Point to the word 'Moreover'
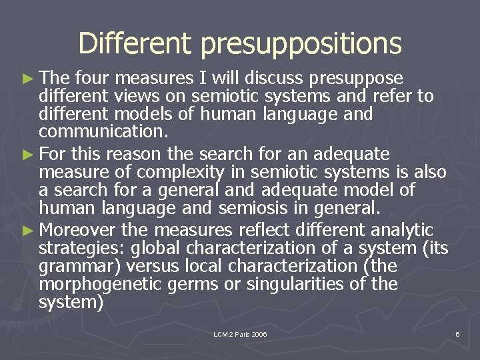point(78,231)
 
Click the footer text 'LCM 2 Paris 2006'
point(240,333)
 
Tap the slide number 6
point(457,333)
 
